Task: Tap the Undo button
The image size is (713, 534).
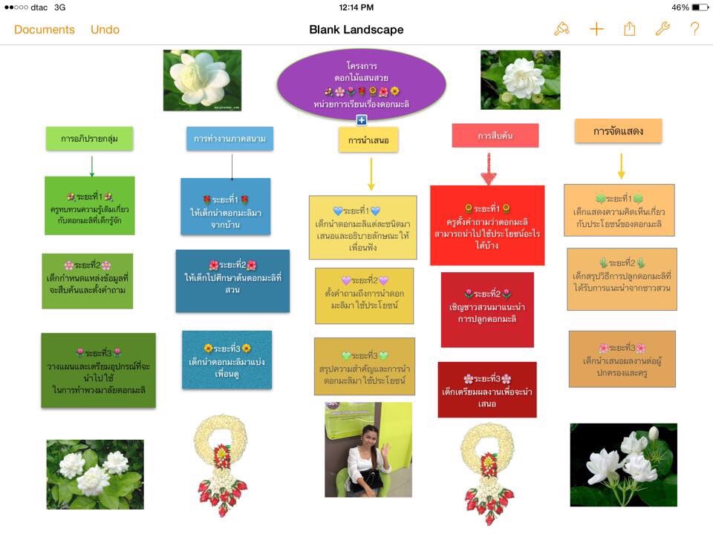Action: pos(105,30)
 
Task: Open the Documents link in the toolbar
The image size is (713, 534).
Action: pos(45,30)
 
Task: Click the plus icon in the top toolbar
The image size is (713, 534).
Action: pos(596,29)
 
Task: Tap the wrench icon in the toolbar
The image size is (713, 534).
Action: pos(662,29)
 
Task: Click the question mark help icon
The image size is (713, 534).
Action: pos(694,29)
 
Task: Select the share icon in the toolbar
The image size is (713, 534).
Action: pos(630,29)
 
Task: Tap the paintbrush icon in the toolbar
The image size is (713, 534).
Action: pos(561,29)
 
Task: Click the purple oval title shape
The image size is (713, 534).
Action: pos(361,83)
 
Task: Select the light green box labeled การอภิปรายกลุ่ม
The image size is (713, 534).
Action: pos(89,138)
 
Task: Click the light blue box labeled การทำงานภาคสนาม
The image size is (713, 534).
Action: pos(229,138)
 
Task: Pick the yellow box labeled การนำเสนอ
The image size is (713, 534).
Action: pos(368,139)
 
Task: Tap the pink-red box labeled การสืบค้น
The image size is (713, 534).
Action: pos(495,136)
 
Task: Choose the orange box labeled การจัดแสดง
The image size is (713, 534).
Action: pos(618,131)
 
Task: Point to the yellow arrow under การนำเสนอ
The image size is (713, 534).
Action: pos(371,175)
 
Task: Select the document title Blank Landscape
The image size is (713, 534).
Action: pos(356,30)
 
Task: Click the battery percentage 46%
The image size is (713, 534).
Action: pos(680,7)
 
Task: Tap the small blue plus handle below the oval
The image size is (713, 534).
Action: pos(362,120)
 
